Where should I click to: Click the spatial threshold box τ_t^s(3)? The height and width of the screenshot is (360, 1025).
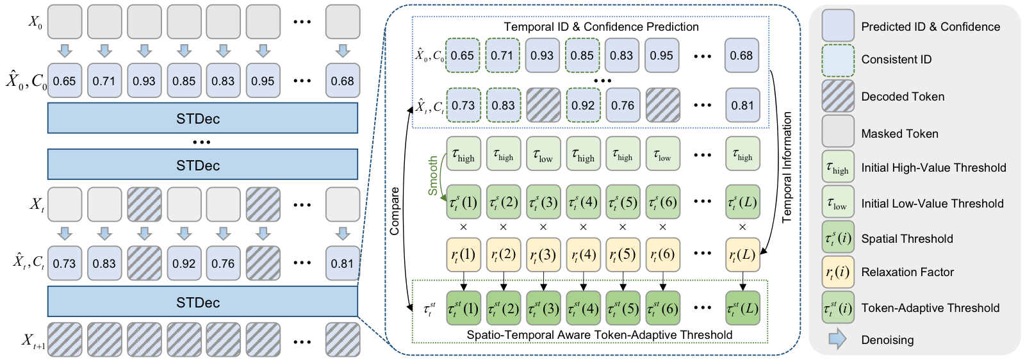pyautogui.click(x=543, y=202)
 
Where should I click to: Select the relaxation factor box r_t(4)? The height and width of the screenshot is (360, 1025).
pyautogui.click(x=582, y=255)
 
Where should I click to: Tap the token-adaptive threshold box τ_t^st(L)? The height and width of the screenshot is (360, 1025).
pyautogui.click(x=742, y=308)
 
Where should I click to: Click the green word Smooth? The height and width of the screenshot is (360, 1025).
pyautogui.click(x=433, y=176)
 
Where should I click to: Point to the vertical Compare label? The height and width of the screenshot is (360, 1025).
pyautogui.click(x=395, y=211)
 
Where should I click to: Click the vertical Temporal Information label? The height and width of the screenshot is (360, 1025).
pyautogui.click(x=787, y=167)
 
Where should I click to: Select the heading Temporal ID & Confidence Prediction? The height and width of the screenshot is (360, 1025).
pyautogui.click(x=601, y=27)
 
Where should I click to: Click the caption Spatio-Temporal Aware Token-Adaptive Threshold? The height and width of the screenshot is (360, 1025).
pyautogui.click(x=599, y=335)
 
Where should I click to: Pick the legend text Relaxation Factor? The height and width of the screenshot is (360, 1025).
pyautogui.click(x=907, y=272)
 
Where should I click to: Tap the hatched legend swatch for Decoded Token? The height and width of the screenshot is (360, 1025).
pyautogui.click(x=838, y=96)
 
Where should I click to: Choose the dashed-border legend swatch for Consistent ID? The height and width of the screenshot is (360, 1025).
pyautogui.click(x=838, y=60)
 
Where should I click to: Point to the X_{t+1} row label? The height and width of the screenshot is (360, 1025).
pyautogui.click(x=34, y=341)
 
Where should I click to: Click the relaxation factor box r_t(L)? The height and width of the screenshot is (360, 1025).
pyautogui.click(x=742, y=255)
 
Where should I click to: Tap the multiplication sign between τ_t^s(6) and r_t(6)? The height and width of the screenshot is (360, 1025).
pyautogui.click(x=662, y=227)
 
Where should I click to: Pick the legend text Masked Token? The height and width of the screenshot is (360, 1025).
pyautogui.click(x=899, y=134)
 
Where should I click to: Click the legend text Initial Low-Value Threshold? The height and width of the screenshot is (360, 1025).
pyautogui.click(x=932, y=204)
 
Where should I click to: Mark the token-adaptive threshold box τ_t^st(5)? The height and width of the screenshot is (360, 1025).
pyautogui.click(x=622, y=308)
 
